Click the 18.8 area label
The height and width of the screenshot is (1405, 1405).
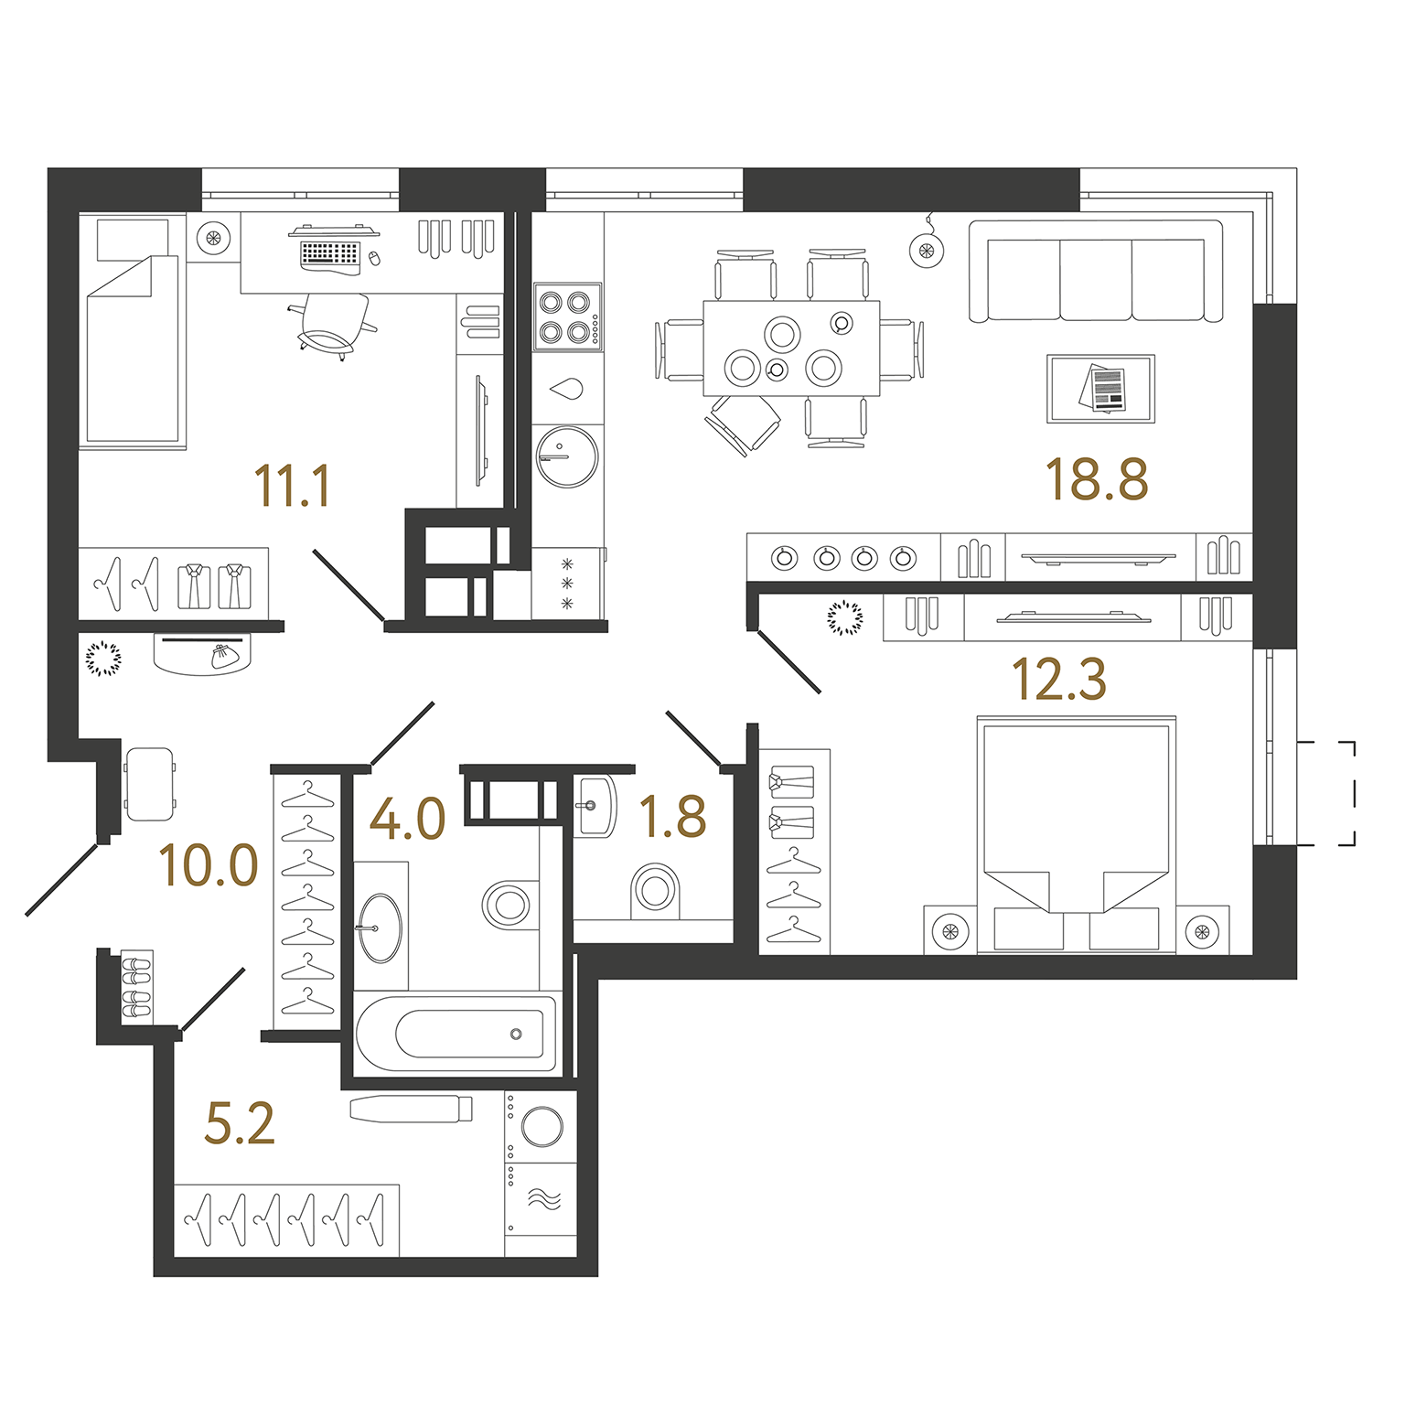coord(1097,479)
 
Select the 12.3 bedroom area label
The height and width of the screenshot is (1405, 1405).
coord(1059,680)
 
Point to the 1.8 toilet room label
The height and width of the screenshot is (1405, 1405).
coord(673,817)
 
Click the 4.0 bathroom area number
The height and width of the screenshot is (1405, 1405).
coord(407,819)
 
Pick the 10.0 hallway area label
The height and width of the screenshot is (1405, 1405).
coord(209,865)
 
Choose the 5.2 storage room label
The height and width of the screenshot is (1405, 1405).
coord(240,1124)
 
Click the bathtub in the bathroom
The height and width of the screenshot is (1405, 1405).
coord(456,1034)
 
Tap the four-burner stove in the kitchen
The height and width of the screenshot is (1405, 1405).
coord(568,316)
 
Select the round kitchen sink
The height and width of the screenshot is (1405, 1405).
coord(567,456)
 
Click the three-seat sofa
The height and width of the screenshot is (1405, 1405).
coord(1096,272)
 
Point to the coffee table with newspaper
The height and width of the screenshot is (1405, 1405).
coord(1101,389)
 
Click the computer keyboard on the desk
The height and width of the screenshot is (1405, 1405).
coord(330,252)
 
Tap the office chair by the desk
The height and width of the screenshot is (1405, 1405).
coord(333,325)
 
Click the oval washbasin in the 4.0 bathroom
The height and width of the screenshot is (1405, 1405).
coord(380,928)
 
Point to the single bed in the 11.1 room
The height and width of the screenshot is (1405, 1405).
coord(133,331)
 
